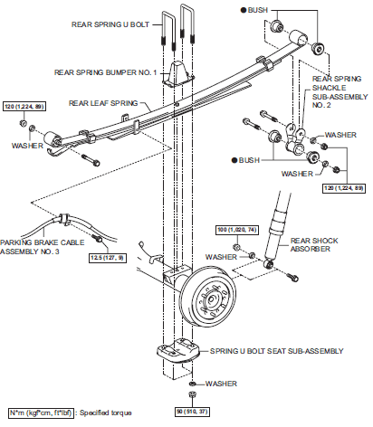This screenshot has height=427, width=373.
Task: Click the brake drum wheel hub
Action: point(211,299)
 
